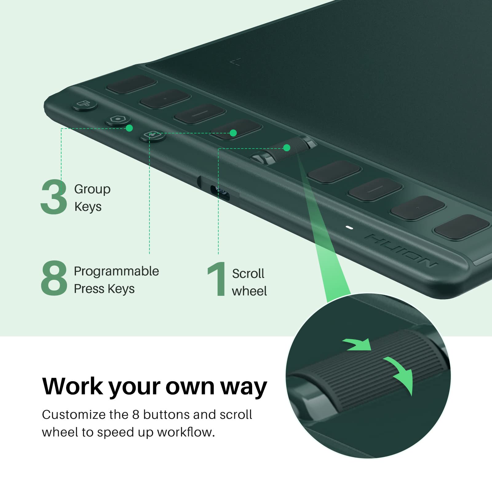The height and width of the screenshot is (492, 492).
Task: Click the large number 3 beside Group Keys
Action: (x=54, y=197)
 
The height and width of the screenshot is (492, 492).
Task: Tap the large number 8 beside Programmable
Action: (x=54, y=278)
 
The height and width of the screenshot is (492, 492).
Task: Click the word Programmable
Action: (x=116, y=271)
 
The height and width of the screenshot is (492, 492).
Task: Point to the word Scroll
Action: (x=248, y=273)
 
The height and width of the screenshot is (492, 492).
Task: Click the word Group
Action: (x=92, y=189)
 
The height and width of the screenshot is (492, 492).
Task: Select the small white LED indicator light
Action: (x=349, y=228)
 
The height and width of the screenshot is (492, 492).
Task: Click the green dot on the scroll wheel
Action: (x=287, y=148)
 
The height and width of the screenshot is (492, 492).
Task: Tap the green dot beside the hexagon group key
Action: (x=129, y=128)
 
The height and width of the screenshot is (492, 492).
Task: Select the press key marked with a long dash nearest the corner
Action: (x=200, y=113)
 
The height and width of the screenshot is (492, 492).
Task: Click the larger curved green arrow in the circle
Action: (x=400, y=374)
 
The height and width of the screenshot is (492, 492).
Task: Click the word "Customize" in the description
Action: (x=74, y=415)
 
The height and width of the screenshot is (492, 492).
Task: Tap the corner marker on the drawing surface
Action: (x=235, y=62)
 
